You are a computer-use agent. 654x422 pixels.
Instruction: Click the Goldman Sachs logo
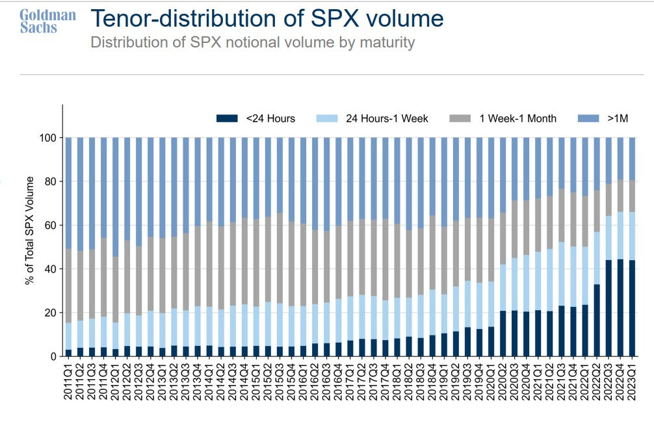click(x=47, y=21)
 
